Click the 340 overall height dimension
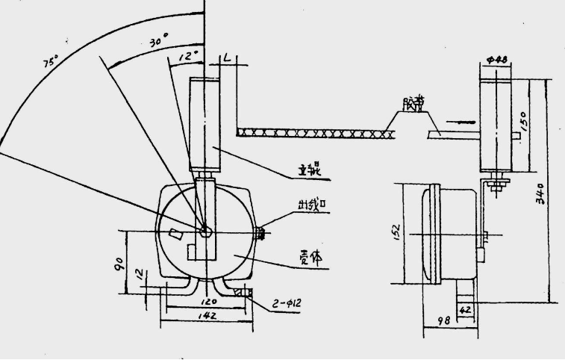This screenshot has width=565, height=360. (549, 193)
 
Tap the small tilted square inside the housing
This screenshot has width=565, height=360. (175, 234)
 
